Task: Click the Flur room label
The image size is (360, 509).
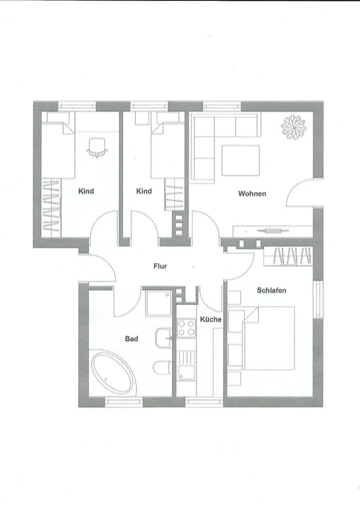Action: [160, 266]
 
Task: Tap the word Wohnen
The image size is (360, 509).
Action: [252, 193]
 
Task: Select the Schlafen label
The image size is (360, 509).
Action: [271, 290]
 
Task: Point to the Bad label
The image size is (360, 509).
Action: [131, 339]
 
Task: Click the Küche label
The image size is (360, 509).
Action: [211, 319]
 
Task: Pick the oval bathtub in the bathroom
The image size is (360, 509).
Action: [113, 372]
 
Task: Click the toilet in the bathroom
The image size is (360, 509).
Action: [162, 367]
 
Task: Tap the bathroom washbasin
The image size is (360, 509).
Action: [164, 338]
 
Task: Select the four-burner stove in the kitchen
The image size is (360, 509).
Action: [186, 328]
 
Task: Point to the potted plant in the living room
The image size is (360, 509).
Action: [294, 128]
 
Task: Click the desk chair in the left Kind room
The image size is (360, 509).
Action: [97, 148]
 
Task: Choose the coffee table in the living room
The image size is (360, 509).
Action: [241, 161]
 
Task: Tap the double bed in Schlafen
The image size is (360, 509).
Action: [269, 338]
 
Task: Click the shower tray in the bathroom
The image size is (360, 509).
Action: [159, 303]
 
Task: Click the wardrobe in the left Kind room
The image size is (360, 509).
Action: [52, 207]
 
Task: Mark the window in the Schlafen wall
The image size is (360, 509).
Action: [318, 299]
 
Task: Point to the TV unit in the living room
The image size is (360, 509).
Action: [273, 231]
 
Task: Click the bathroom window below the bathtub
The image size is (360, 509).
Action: [124, 402]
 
